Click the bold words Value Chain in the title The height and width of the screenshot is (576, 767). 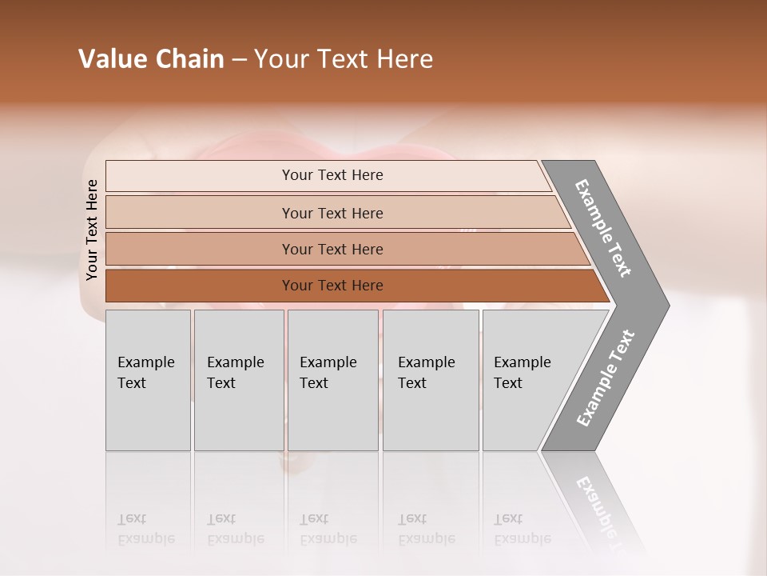[x=151, y=59]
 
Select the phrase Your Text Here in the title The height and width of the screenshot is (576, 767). [x=344, y=59]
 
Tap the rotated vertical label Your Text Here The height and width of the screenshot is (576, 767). [x=92, y=230]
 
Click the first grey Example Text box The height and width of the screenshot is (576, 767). [x=148, y=380]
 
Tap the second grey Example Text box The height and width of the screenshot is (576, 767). [x=239, y=380]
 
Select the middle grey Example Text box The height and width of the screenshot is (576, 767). [x=332, y=380]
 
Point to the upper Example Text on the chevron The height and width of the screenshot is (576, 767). [x=604, y=228]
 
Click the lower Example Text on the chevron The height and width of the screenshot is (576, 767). [x=606, y=378]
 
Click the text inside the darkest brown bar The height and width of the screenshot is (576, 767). [x=332, y=286]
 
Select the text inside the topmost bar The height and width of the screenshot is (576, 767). [x=332, y=175]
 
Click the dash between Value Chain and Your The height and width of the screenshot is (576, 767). [x=239, y=60]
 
